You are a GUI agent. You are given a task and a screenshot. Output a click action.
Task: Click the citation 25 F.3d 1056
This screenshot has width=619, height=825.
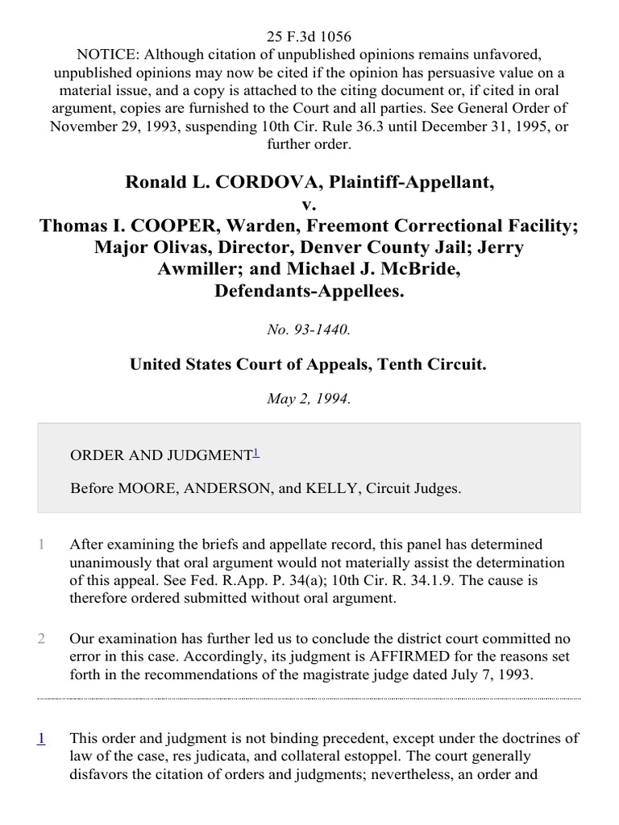tap(309, 37)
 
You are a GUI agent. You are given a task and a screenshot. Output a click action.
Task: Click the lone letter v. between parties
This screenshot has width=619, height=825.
tap(309, 203)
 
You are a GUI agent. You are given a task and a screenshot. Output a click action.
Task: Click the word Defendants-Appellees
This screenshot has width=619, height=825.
tap(309, 290)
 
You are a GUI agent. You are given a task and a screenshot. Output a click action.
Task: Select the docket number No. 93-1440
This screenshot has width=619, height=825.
tap(309, 329)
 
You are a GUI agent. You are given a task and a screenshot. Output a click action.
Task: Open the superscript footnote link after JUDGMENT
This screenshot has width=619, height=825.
tap(255, 453)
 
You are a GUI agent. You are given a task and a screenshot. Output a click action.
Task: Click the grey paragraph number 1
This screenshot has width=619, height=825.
tap(41, 545)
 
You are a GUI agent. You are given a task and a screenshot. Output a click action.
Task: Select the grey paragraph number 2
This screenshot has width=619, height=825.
tap(41, 639)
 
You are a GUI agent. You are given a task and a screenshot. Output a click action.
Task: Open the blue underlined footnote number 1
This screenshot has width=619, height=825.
tap(41, 738)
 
